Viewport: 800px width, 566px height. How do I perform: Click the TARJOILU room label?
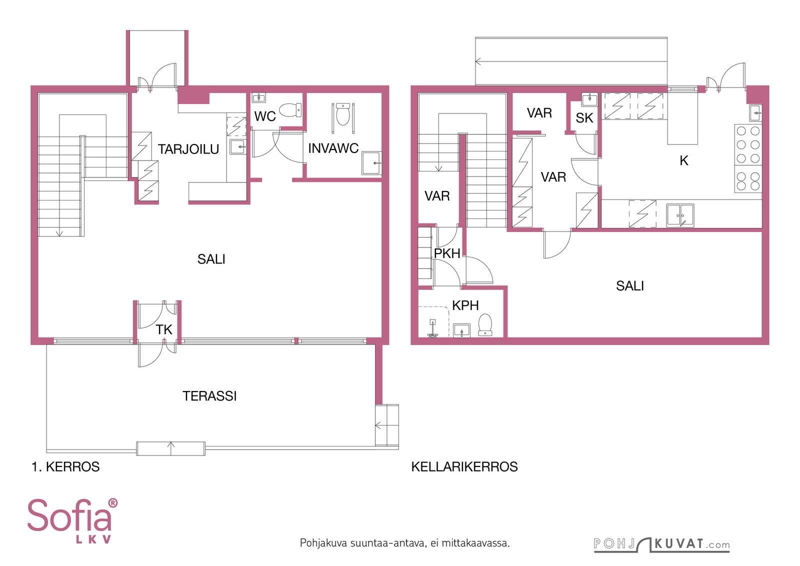click(188, 149)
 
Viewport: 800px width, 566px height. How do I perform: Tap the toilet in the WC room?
click(290, 110)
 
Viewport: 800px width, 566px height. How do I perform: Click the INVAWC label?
click(333, 148)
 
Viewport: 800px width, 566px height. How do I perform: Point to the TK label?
click(164, 329)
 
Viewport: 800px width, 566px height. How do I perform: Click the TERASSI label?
click(209, 396)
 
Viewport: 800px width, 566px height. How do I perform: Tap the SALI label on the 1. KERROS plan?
click(211, 259)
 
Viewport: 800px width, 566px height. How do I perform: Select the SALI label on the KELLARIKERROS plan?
click(630, 286)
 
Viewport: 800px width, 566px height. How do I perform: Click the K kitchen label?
click(684, 160)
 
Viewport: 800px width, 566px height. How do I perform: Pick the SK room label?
click(584, 118)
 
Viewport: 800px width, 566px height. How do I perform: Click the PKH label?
click(447, 253)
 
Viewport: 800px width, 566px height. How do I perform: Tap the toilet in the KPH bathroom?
click(485, 324)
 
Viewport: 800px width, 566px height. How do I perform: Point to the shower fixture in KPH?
click(432, 328)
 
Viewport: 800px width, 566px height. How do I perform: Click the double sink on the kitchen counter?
click(680, 215)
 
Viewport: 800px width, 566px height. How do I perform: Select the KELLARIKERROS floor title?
click(464, 467)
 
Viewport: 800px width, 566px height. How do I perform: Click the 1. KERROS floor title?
click(65, 467)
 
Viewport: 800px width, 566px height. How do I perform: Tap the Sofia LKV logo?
click(72, 521)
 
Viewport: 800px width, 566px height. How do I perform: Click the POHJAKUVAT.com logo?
click(662, 544)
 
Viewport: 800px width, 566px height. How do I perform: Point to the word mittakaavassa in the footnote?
click(475, 543)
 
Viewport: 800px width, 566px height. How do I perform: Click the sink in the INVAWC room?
click(372, 163)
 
